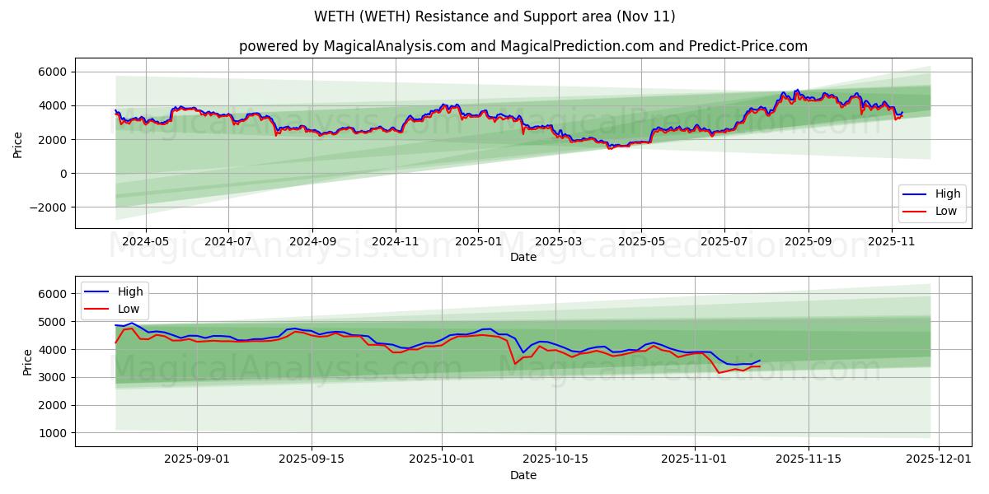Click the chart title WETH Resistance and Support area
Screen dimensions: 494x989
pyautogui.click(x=494, y=16)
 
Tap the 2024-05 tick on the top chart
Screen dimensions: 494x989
pyautogui.click(x=146, y=241)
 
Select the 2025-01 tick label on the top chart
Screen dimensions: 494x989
pyautogui.click(x=478, y=241)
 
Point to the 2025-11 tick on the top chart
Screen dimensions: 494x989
pyautogui.click(x=892, y=241)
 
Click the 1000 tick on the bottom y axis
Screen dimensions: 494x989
pyautogui.click(x=54, y=433)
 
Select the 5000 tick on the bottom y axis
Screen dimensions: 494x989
pyautogui.click(x=54, y=322)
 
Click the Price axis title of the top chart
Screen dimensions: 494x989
pyautogui.click(x=18, y=143)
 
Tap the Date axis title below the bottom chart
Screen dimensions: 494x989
pyautogui.click(x=523, y=475)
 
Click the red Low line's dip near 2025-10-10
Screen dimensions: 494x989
pyautogui.click(x=515, y=363)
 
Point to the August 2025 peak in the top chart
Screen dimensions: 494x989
pyautogui.click(x=796, y=90)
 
